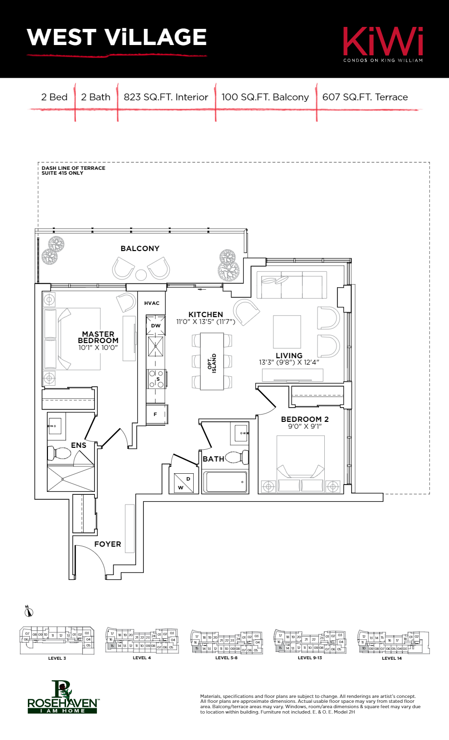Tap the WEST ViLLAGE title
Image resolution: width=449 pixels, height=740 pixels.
(x=117, y=38)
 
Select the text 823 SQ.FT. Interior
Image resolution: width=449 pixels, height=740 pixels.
(x=166, y=97)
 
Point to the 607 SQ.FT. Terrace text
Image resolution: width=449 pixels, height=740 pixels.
(x=365, y=97)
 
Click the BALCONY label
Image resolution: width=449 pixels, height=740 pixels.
(x=140, y=249)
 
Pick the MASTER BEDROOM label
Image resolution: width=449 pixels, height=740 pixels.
(x=98, y=337)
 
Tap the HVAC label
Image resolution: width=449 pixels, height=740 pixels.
(x=152, y=303)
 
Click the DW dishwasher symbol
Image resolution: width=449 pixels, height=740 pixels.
(x=156, y=325)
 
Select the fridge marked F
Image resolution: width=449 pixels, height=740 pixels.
(x=156, y=415)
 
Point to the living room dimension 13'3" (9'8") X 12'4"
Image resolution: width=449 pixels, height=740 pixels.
(x=289, y=363)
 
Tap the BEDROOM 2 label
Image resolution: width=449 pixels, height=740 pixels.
(x=305, y=419)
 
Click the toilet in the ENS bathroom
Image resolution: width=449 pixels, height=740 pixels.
(x=60, y=453)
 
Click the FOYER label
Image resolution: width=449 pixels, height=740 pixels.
(x=108, y=544)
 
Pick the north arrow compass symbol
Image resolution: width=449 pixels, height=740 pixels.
(x=29, y=611)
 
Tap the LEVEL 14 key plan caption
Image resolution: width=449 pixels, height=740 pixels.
(x=392, y=658)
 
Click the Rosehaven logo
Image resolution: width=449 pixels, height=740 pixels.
(x=63, y=697)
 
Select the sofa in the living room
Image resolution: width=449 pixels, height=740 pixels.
(x=292, y=285)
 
